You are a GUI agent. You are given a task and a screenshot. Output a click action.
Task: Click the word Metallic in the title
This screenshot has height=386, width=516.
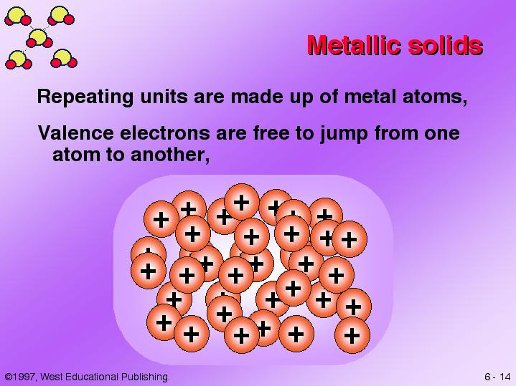[354, 44]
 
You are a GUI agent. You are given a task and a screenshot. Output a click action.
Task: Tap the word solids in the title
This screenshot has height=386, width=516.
[446, 44]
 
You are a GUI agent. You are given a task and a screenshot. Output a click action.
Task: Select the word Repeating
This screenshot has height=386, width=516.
[85, 97]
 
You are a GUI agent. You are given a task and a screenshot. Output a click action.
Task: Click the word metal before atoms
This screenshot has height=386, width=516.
[370, 97]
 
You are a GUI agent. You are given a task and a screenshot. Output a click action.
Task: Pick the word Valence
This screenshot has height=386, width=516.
[76, 132]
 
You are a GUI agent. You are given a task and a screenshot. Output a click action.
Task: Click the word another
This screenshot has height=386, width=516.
[169, 155]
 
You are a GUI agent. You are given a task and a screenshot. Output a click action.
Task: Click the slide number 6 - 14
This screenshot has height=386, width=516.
[497, 377]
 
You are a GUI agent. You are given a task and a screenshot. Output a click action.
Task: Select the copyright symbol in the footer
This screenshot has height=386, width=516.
[9, 377]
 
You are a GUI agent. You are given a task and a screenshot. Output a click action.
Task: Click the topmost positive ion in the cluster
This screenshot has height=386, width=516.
[242, 202]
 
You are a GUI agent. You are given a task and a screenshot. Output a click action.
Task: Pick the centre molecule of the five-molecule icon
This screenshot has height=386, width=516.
[39, 39]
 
